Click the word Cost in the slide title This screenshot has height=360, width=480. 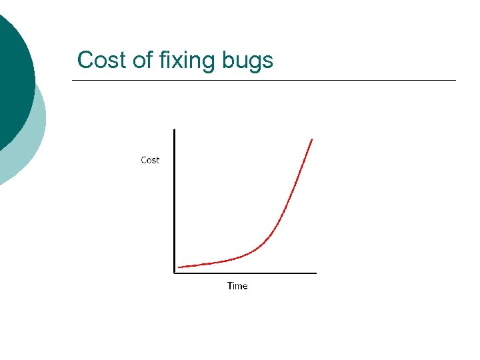click(x=102, y=60)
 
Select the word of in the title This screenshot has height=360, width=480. click(x=142, y=60)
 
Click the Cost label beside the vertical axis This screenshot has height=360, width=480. click(x=150, y=160)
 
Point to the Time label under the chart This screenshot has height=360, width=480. click(x=237, y=286)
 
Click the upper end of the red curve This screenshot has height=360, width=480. click(x=312, y=139)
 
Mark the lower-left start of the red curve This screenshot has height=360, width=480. click(x=179, y=267)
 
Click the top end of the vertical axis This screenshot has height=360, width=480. click(x=174, y=130)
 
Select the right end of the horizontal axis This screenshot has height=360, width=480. click(x=315, y=272)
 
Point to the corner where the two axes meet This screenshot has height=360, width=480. click(x=174, y=272)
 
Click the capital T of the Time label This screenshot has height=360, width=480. click(x=230, y=286)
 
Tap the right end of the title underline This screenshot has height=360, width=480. click(x=455, y=81)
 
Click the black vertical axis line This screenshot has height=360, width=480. click(x=174, y=200)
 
